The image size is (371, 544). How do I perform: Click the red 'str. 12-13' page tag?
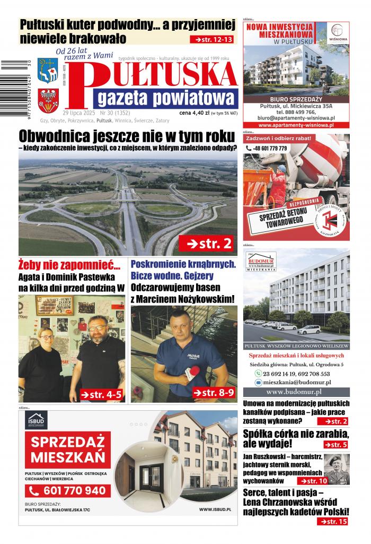[214, 40]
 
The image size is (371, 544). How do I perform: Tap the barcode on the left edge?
[8, 80]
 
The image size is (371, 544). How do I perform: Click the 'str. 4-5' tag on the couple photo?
[102, 394]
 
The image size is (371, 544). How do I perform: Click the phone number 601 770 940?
[68, 490]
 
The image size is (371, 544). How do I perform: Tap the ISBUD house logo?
[37, 420]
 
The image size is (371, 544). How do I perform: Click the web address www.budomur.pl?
[296, 392]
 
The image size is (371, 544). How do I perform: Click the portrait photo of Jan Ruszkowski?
[337, 469]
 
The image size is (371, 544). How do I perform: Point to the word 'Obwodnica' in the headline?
[51, 136]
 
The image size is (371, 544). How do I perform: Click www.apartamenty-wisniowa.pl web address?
[296, 125]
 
